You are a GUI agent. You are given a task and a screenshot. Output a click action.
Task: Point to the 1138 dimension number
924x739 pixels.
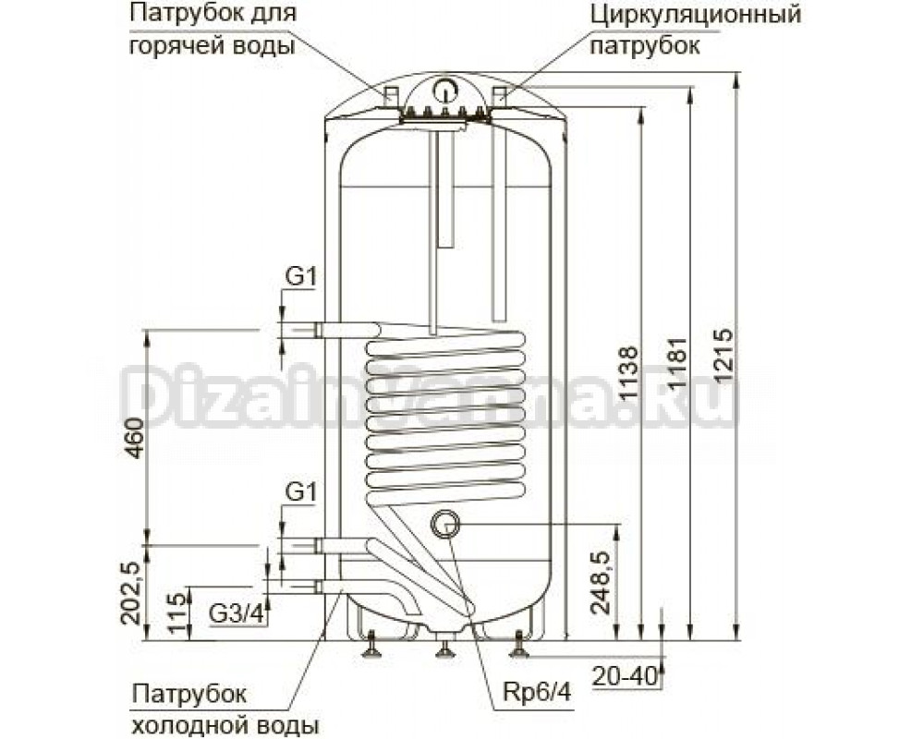click(x=627, y=373)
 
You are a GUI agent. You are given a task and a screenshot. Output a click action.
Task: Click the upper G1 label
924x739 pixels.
click(x=301, y=276)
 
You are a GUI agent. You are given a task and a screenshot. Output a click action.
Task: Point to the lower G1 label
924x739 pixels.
click(x=301, y=493)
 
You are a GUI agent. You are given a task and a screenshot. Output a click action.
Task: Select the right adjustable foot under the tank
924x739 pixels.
click(x=519, y=644)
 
